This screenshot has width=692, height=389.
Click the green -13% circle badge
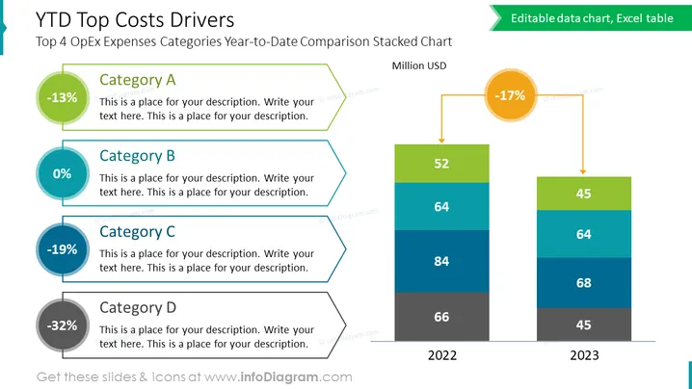pos(63,97)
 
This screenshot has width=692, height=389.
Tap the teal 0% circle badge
pos(63,173)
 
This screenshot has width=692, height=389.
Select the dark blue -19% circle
pos(63,249)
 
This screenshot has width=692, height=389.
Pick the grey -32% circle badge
pos(63,325)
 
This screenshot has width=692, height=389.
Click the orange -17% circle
pos(511,94)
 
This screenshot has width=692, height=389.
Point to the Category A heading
pos(137,80)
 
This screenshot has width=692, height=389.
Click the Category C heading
pos(137,231)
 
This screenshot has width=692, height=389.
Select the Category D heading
pos(138,307)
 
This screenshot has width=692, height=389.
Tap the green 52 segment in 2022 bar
pos(441,164)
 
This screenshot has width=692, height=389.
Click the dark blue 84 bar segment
pos(441,261)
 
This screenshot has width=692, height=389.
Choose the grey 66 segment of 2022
pos(441,317)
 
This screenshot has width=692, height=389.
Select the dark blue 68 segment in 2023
pos(584,283)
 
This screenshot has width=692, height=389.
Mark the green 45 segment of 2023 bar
pos(584,194)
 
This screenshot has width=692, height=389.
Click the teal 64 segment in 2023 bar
pos(584,234)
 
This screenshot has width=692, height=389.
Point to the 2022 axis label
pos(442,355)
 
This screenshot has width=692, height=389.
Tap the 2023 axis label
pos(584,355)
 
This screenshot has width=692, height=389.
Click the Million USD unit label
pos(419,65)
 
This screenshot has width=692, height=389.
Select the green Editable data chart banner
pos(591,18)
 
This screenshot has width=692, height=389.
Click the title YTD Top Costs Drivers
pos(135,20)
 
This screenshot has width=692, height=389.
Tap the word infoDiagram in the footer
pos(279,377)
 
